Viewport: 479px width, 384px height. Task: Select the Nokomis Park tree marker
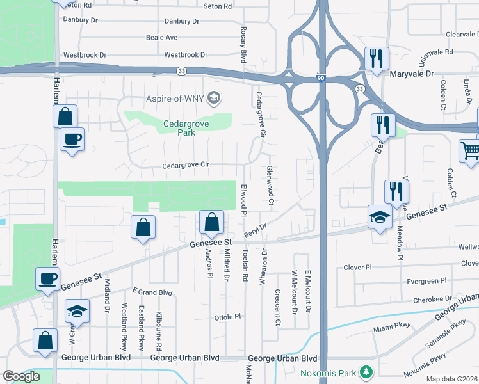[366, 371]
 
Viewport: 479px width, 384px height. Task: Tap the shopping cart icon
[470, 151]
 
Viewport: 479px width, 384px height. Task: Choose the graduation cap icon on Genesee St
[380, 216]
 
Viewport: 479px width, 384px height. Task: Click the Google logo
[21, 376]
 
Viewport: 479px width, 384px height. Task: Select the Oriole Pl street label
[228, 316]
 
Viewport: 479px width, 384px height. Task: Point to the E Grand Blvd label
[153, 292]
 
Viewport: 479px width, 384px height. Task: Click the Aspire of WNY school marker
[215, 98]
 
